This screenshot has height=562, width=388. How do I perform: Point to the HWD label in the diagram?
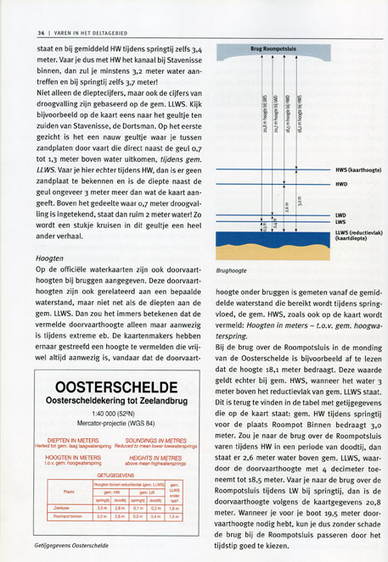click(x=341, y=184)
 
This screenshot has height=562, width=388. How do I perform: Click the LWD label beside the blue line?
click(x=341, y=215)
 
